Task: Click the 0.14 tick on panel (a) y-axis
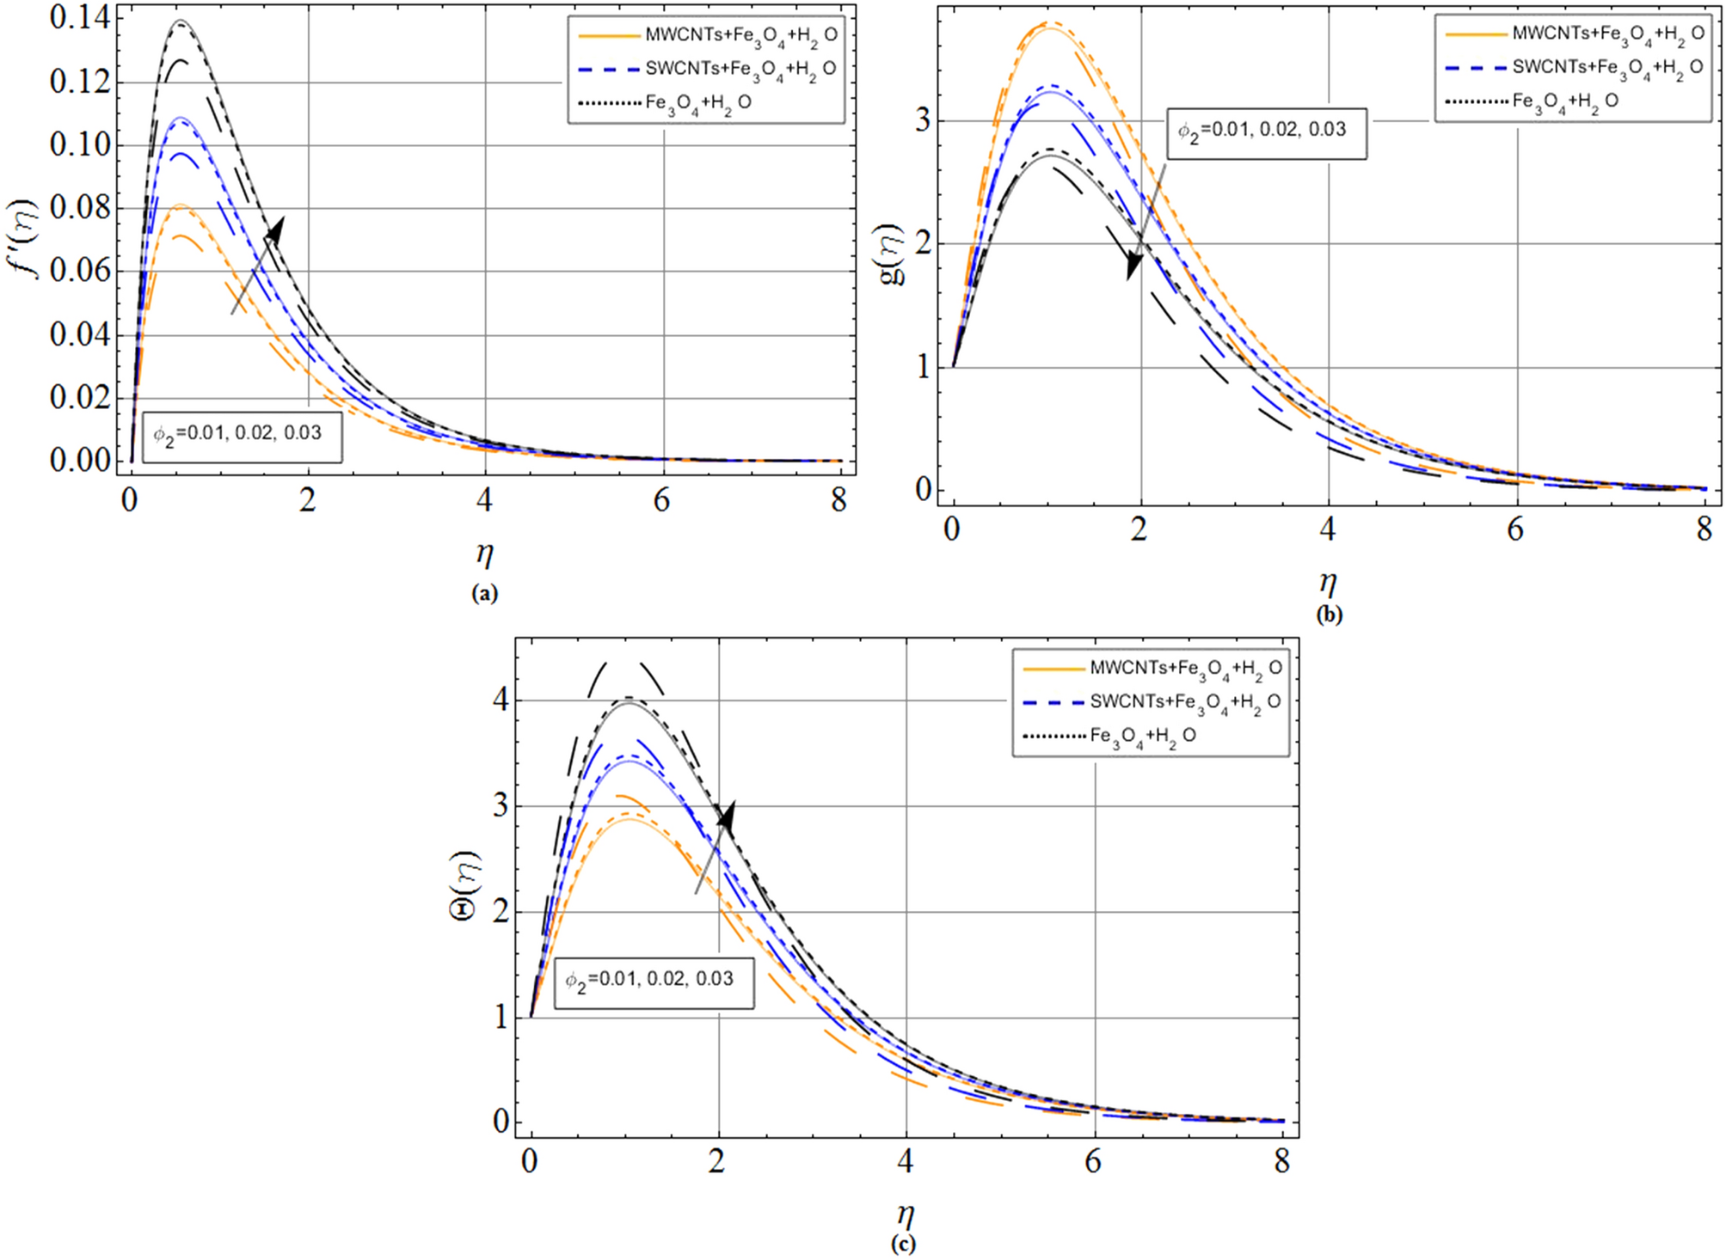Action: click(x=80, y=18)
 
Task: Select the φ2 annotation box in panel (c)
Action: click(x=653, y=981)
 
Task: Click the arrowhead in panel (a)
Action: click(x=275, y=230)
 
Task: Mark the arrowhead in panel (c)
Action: click(x=728, y=815)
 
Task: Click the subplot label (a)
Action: click(x=484, y=593)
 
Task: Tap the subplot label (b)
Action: click(x=1328, y=615)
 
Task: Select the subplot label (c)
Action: click(x=903, y=1243)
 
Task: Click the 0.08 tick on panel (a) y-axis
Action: click(x=80, y=208)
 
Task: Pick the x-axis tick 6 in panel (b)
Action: click(x=1515, y=529)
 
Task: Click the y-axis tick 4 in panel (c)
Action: click(x=501, y=700)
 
